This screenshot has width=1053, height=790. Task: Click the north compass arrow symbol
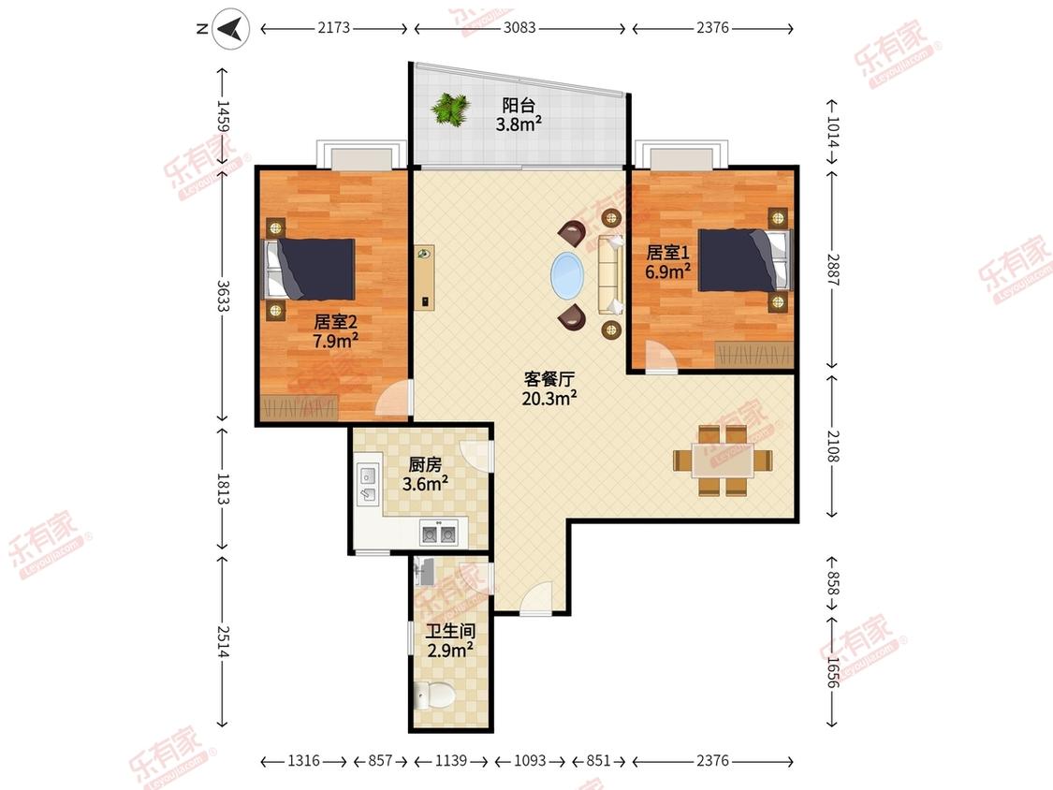(231, 29)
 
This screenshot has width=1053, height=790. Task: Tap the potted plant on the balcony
(450, 109)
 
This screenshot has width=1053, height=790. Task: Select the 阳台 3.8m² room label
(519, 114)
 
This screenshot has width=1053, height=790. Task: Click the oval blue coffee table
(567, 275)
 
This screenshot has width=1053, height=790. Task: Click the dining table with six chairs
(723, 461)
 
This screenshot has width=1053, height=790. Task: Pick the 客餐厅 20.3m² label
(549, 389)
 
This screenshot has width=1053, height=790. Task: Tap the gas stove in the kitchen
(438, 533)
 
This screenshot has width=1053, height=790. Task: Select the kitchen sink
(369, 485)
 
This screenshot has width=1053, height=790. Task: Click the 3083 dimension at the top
(519, 27)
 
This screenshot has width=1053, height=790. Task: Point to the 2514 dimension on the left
(223, 642)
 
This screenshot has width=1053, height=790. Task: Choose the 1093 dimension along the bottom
(530, 760)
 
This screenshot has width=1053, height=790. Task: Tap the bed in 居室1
(744, 260)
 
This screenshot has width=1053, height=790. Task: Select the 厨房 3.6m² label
(425, 475)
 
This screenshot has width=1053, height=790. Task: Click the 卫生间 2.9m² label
(450, 640)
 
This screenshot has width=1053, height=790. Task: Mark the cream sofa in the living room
(611, 275)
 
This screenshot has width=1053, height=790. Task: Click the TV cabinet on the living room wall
(424, 277)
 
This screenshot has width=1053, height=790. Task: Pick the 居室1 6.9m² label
(667, 262)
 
